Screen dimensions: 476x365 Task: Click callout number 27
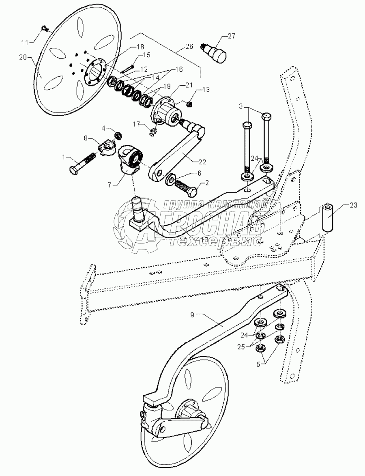[231, 37]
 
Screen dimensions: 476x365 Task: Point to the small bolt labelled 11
[45, 28]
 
